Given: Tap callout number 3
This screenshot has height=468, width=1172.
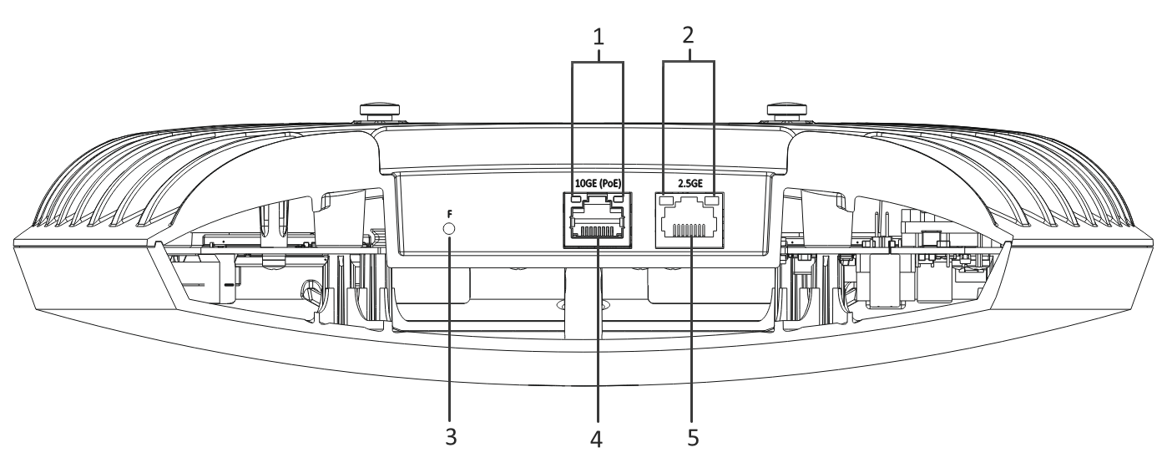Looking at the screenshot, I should (x=450, y=436).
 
